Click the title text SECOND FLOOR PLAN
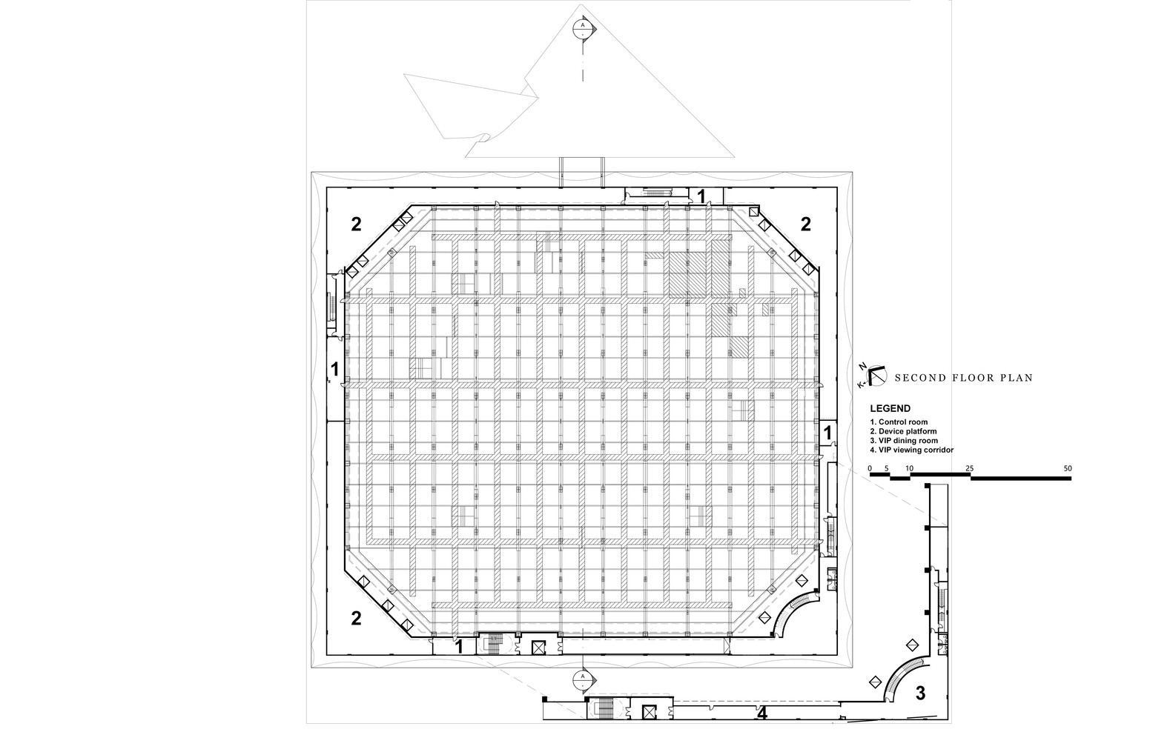(x=963, y=378)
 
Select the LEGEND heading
(x=890, y=408)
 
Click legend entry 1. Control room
(x=899, y=422)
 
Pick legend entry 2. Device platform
(x=903, y=431)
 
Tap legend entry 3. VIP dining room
(x=904, y=441)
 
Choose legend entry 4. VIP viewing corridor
(x=911, y=450)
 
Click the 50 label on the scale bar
(x=1068, y=468)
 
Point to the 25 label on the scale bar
(x=970, y=468)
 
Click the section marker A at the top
(x=584, y=27)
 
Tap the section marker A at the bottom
(x=584, y=678)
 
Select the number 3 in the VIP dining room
(x=920, y=693)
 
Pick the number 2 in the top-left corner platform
(x=356, y=224)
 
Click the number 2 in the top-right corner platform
(x=806, y=224)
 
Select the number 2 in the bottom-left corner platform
(x=356, y=618)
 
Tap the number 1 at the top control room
(x=701, y=196)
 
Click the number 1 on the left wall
(x=334, y=368)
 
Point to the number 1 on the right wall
(x=827, y=431)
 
